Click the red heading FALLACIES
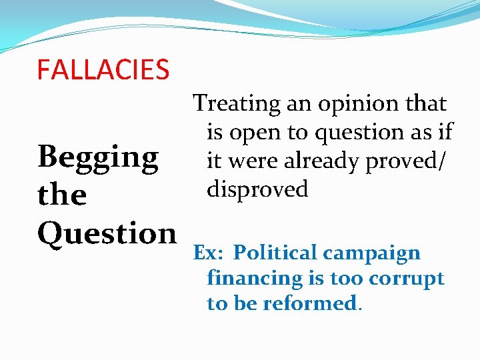click(x=103, y=69)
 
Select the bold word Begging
click(x=98, y=158)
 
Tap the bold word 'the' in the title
click(x=62, y=195)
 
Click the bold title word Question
click(x=107, y=233)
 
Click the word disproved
click(x=257, y=190)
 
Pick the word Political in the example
click(x=275, y=253)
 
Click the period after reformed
click(x=361, y=308)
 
